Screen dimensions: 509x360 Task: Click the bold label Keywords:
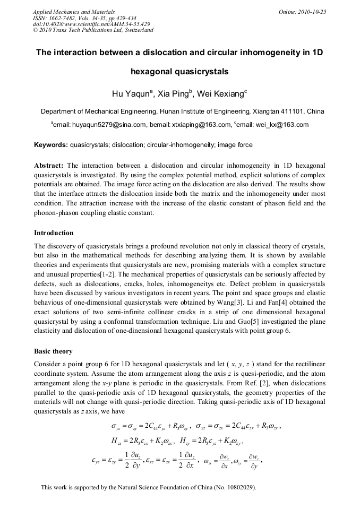[x=51, y=145]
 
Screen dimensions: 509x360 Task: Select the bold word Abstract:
[x=49, y=166]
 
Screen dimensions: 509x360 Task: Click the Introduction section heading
[x=54, y=233]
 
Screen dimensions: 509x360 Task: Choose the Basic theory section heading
[x=53, y=352]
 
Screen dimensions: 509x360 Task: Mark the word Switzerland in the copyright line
[x=137, y=30]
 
